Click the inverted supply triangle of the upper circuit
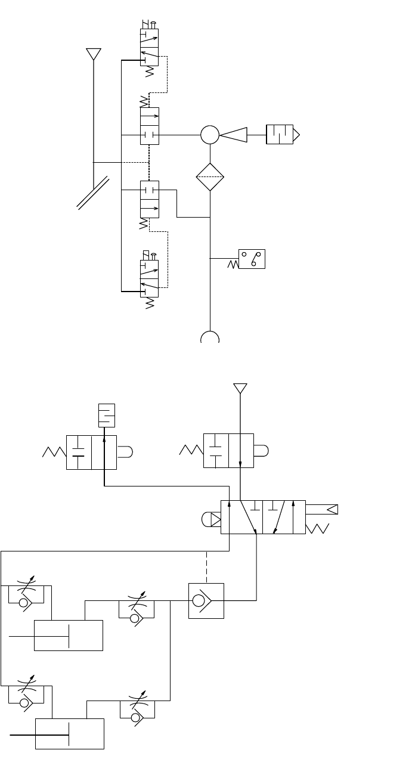93,54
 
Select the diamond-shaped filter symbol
210,176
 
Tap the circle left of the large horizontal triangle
210,135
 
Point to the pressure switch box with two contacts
252,259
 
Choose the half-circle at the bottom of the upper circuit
210,337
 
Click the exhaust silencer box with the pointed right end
281,135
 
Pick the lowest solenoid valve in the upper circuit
149,278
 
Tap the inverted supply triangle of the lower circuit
240,389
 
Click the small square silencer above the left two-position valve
106,415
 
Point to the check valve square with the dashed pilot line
206,600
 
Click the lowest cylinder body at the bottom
70,733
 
